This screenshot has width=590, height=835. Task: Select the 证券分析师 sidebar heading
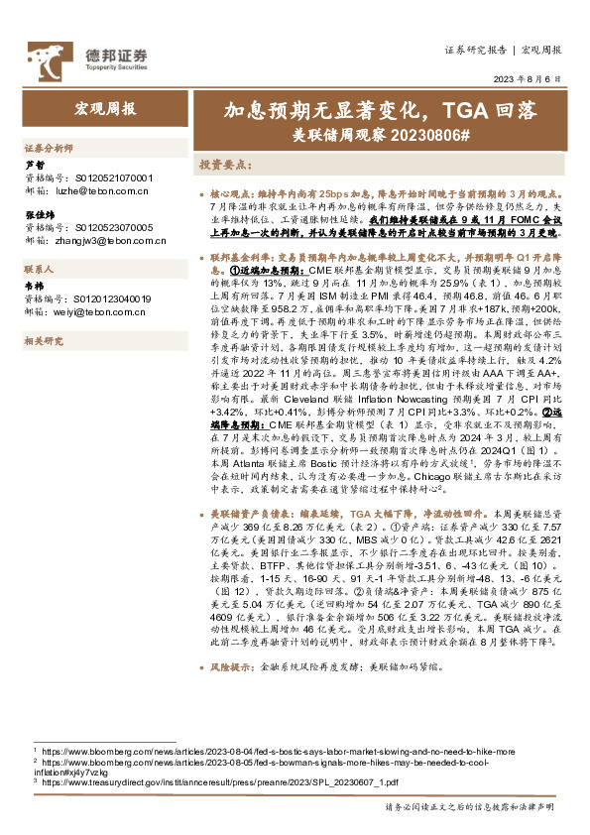[x=49, y=147]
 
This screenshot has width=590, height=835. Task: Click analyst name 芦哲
[x=34, y=165]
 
